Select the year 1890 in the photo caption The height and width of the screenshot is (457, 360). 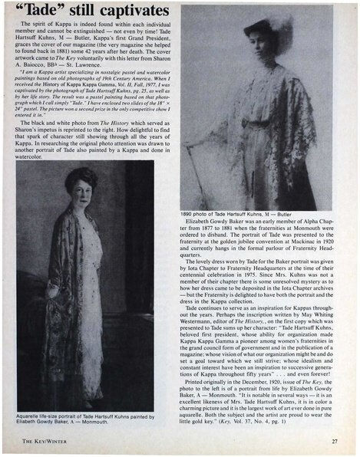(188, 213)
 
